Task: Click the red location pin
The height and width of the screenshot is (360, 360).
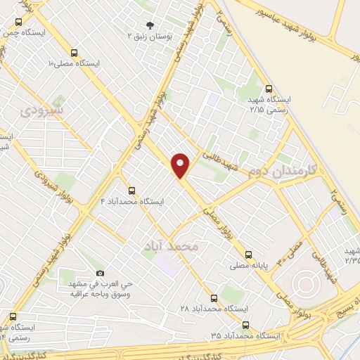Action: [x=181, y=165]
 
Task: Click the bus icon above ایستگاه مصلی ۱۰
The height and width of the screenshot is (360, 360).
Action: [x=73, y=52]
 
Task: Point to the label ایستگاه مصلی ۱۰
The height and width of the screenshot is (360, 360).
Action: [x=73, y=63]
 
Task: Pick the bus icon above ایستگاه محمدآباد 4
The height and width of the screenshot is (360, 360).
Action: [x=131, y=191]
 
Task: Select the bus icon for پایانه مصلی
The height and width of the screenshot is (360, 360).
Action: [x=247, y=255]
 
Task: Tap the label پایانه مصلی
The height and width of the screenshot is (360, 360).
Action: [x=247, y=266]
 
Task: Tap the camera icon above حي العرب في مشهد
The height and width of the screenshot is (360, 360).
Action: [x=100, y=273]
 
